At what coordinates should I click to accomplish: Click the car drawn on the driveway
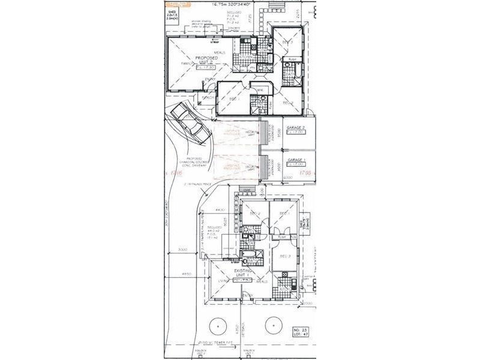point(190,125)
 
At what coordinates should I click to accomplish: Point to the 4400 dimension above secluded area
point(220,209)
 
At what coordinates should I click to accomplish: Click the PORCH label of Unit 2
point(208,97)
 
